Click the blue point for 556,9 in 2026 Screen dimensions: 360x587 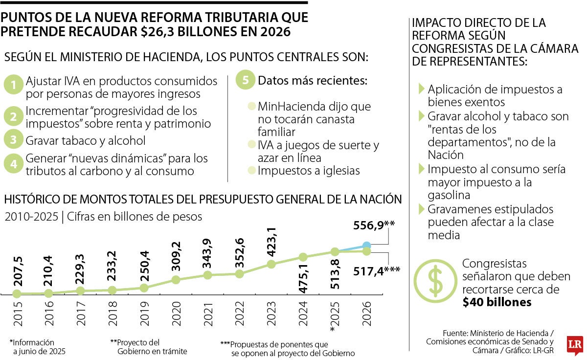(x=366, y=245)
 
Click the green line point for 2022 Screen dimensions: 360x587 (x=239, y=274)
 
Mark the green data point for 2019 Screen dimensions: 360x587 (x=144, y=288)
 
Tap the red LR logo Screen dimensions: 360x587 (x=574, y=345)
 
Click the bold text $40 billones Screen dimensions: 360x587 (x=497, y=302)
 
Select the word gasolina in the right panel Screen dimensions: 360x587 (x=449, y=195)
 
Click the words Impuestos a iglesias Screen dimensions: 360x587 (x=309, y=171)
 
